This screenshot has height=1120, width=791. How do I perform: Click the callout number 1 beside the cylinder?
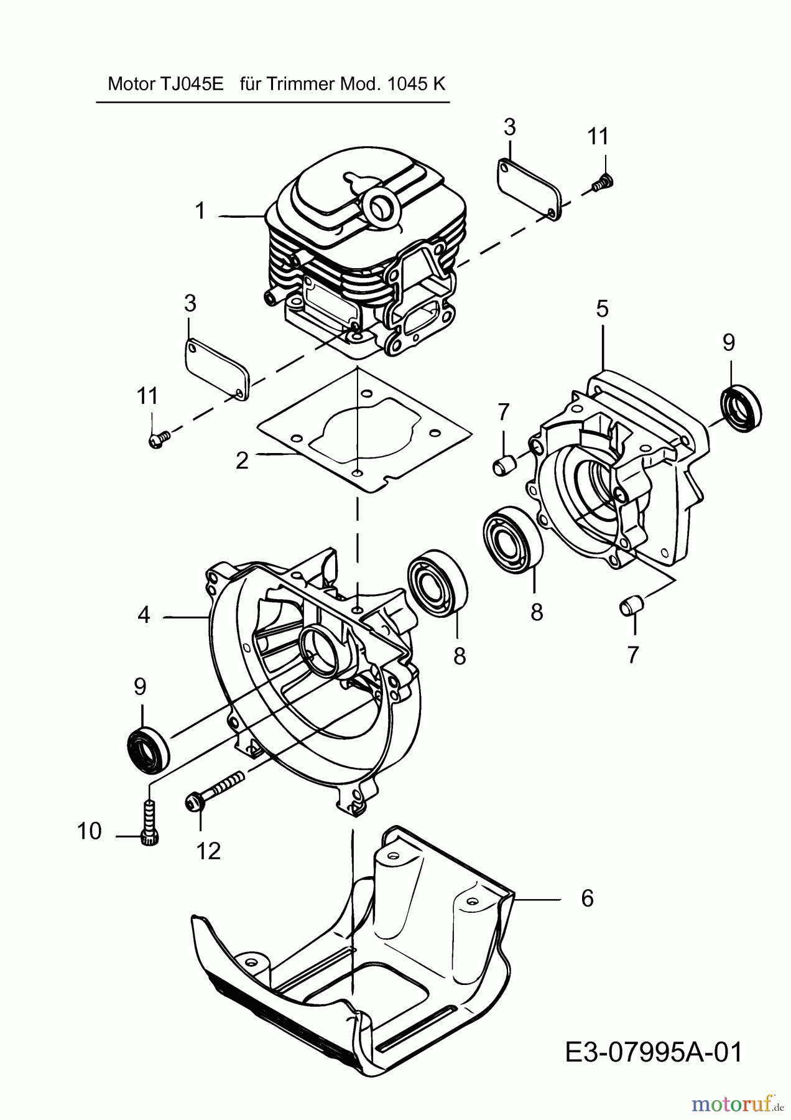(x=200, y=212)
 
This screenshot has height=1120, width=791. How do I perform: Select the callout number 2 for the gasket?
(x=242, y=460)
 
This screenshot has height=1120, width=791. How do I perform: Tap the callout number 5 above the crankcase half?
(x=602, y=309)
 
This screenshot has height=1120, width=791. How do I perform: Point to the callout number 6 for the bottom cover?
(x=587, y=898)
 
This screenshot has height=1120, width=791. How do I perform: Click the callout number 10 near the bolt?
(x=90, y=831)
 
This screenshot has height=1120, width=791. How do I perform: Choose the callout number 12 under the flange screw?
(x=208, y=851)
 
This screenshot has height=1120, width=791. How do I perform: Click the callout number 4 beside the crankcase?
(x=144, y=615)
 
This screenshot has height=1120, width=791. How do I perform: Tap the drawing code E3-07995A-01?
(x=654, y=1053)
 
